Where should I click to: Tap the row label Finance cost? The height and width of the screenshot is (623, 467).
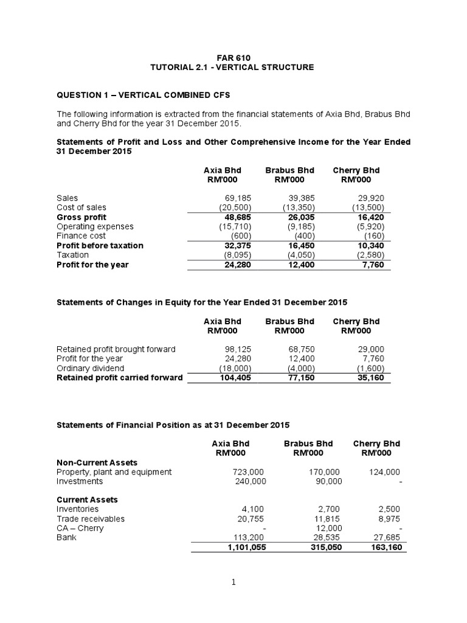(x=81, y=235)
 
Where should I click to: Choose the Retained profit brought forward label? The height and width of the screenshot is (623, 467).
(x=116, y=349)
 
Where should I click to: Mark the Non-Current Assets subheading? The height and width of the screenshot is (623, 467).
(x=97, y=462)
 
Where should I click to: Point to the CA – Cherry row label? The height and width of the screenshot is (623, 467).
(x=80, y=528)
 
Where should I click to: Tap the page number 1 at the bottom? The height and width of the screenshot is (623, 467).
(x=234, y=582)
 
